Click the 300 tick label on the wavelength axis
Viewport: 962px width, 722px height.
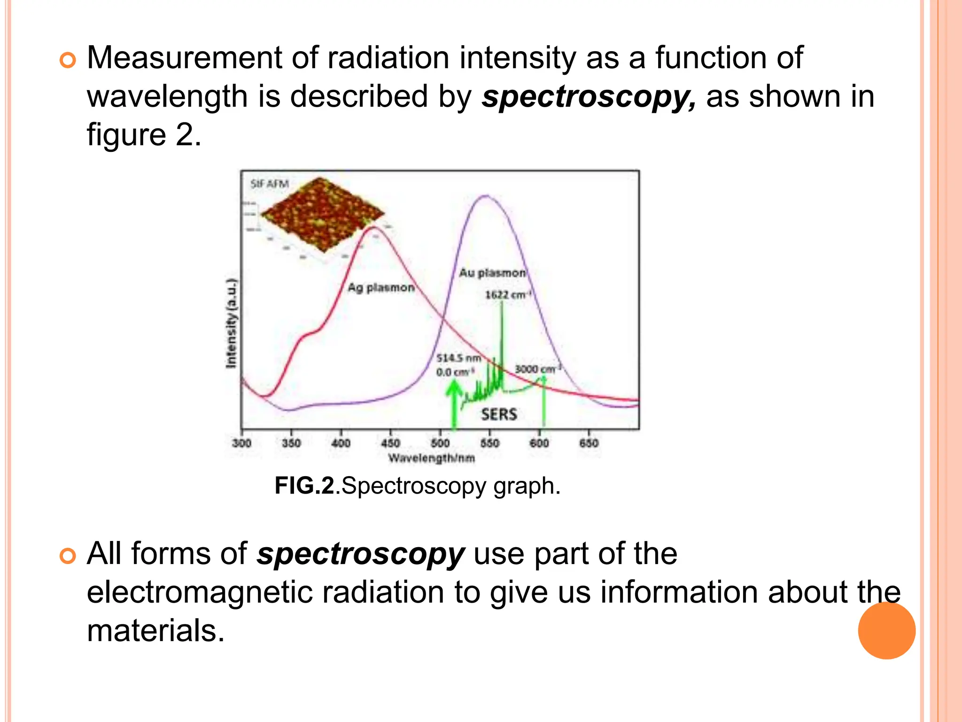[x=242, y=443]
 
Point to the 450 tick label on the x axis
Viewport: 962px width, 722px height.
[x=390, y=443]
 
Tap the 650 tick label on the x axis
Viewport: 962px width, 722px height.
[x=589, y=443]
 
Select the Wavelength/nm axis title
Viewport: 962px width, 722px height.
[x=431, y=458]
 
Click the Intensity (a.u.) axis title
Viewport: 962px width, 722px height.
[x=232, y=323]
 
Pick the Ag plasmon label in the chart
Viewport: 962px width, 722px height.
[x=381, y=287]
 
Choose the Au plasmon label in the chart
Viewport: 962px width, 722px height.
[x=492, y=273]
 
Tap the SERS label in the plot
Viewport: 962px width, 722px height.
[x=499, y=414]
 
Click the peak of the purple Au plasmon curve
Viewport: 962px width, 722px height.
[x=486, y=196]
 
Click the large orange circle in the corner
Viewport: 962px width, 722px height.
[x=886, y=630]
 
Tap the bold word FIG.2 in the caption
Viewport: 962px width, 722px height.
[x=304, y=486]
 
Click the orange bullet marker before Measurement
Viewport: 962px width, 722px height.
[x=68, y=61]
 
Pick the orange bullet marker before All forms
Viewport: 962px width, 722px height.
[x=68, y=556]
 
